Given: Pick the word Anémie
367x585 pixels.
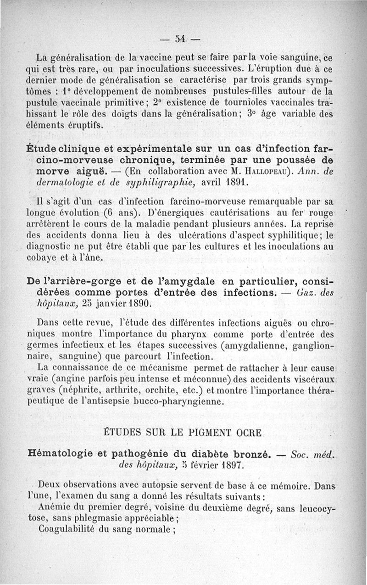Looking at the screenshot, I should coord(55,507).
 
